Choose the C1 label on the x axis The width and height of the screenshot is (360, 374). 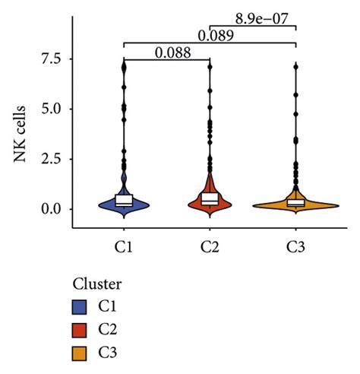[x=123, y=246]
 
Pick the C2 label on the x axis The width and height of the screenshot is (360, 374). [x=209, y=246]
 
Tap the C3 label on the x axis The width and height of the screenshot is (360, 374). [x=295, y=246]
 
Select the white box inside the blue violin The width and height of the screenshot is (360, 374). [x=123, y=200]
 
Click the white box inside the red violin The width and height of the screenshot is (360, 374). [x=209, y=198]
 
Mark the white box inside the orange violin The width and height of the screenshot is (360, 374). [x=295, y=202]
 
